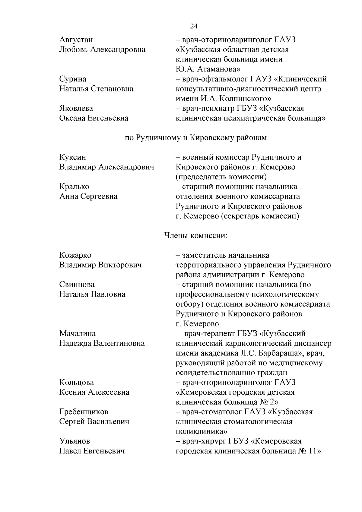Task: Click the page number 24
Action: tap(194, 26)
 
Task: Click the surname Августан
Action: tap(76, 40)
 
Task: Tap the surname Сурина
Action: tap(73, 79)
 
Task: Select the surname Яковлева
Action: tap(76, 108)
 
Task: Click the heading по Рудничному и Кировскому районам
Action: tap(196, 138)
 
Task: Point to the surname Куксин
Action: tap(73, 157)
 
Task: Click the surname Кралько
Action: tap(74, 187)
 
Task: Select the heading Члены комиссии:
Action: tap(195, 235)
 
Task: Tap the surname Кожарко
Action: tap(75, 255)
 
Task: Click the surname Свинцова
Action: tap(77, 285)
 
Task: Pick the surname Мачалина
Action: tap(78, 333)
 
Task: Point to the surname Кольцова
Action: tap(77, 383)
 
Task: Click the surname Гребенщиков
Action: tap(84, 412)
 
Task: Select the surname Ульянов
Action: tap(75, 441)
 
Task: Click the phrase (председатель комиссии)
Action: tap(221, 177)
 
